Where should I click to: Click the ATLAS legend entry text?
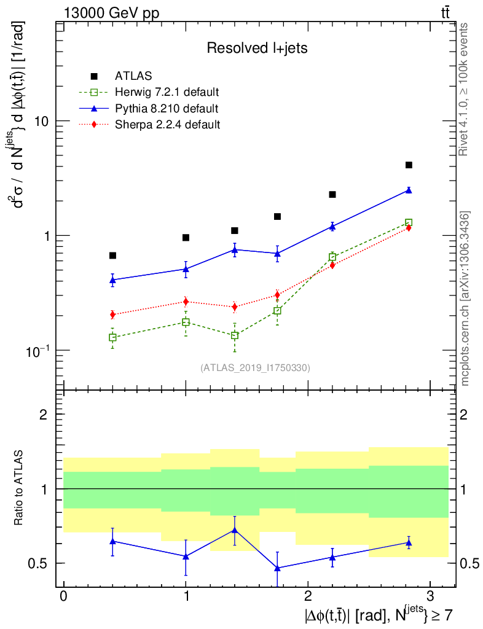coord(133,76)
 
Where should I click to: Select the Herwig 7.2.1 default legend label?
coord(167,93)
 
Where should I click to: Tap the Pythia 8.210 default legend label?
coord(167,109)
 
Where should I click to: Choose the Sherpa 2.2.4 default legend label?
coord(168,125)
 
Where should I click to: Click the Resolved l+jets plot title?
coord(257,48)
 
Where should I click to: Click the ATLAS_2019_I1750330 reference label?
coord(255,368)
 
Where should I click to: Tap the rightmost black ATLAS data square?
coord(409,165)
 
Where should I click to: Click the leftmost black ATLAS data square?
coord(112,256)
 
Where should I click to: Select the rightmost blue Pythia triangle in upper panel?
coord(409,190)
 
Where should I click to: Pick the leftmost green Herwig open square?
coord(112,337)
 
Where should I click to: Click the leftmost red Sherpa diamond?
coord(112,314)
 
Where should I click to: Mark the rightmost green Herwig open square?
coord(409,222)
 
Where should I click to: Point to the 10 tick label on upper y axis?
coord(41,121)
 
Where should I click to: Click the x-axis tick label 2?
coord(307,597)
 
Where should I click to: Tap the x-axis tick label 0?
coord(63,597)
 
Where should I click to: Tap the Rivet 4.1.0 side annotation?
coord(464,89)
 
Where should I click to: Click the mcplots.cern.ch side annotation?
coord(465,298)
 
